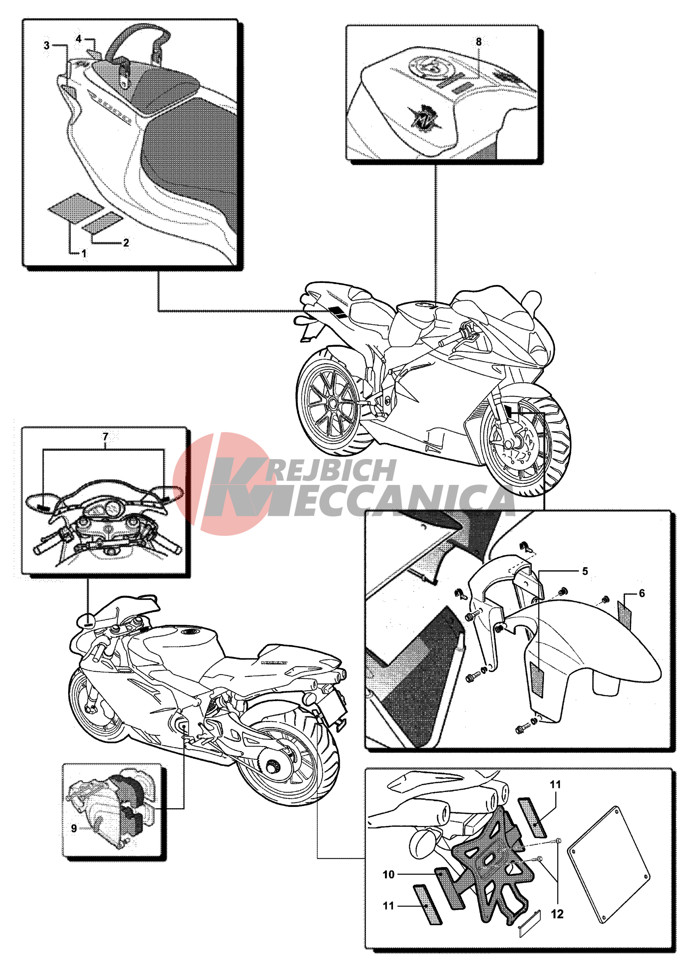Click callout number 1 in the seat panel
pos(84,254)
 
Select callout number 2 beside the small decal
pos(126,243)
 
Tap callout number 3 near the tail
pos(46,45)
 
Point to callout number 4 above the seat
pos(78,39)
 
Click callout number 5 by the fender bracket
pos(585,571)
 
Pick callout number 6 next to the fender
pos(642,593)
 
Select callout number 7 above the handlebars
pos(105,436)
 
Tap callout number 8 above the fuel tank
pos(479,42)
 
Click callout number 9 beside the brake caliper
pos(74,829)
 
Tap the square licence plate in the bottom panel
pos(609,865)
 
